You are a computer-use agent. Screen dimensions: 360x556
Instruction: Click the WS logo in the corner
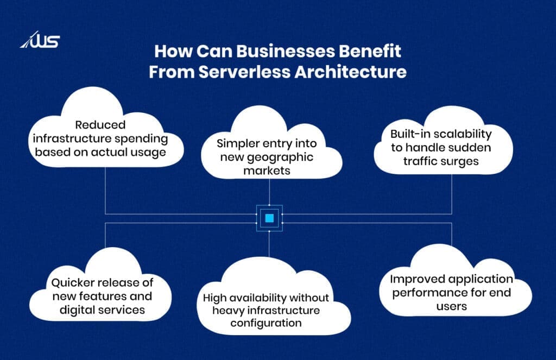[40, 41]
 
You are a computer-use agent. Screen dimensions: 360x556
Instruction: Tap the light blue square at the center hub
[269, 218]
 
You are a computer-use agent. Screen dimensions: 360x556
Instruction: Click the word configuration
[269, 323]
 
